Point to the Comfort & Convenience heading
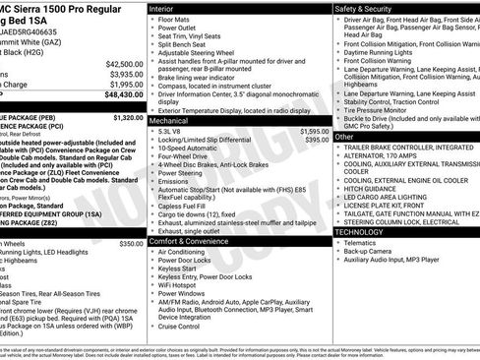(192, 240)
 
